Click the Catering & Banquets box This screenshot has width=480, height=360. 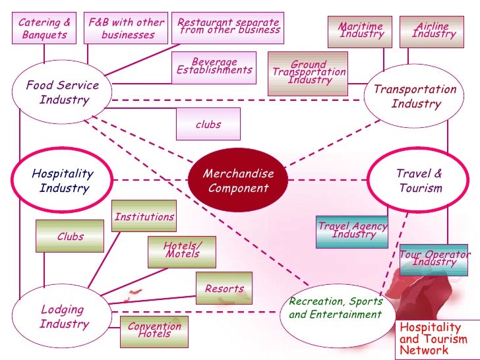45,28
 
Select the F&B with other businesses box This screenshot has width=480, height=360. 127,28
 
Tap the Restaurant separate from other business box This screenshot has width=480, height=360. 228,27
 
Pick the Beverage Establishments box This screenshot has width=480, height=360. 215,67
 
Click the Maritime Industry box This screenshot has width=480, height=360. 360,31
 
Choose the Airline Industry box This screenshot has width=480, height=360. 431,31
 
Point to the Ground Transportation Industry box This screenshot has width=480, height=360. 309,73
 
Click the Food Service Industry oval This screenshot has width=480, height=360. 63,93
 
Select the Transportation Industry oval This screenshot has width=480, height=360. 415,97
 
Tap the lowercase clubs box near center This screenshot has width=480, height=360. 208,124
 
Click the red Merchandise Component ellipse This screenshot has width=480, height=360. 238,181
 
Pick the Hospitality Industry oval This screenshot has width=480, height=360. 63,181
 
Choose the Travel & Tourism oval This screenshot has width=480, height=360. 419,181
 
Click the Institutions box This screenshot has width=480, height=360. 144,216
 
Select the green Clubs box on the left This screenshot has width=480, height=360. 71,236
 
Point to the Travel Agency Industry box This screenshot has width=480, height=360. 352,231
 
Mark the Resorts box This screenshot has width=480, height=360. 224,289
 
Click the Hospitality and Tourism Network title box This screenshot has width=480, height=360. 436,339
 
